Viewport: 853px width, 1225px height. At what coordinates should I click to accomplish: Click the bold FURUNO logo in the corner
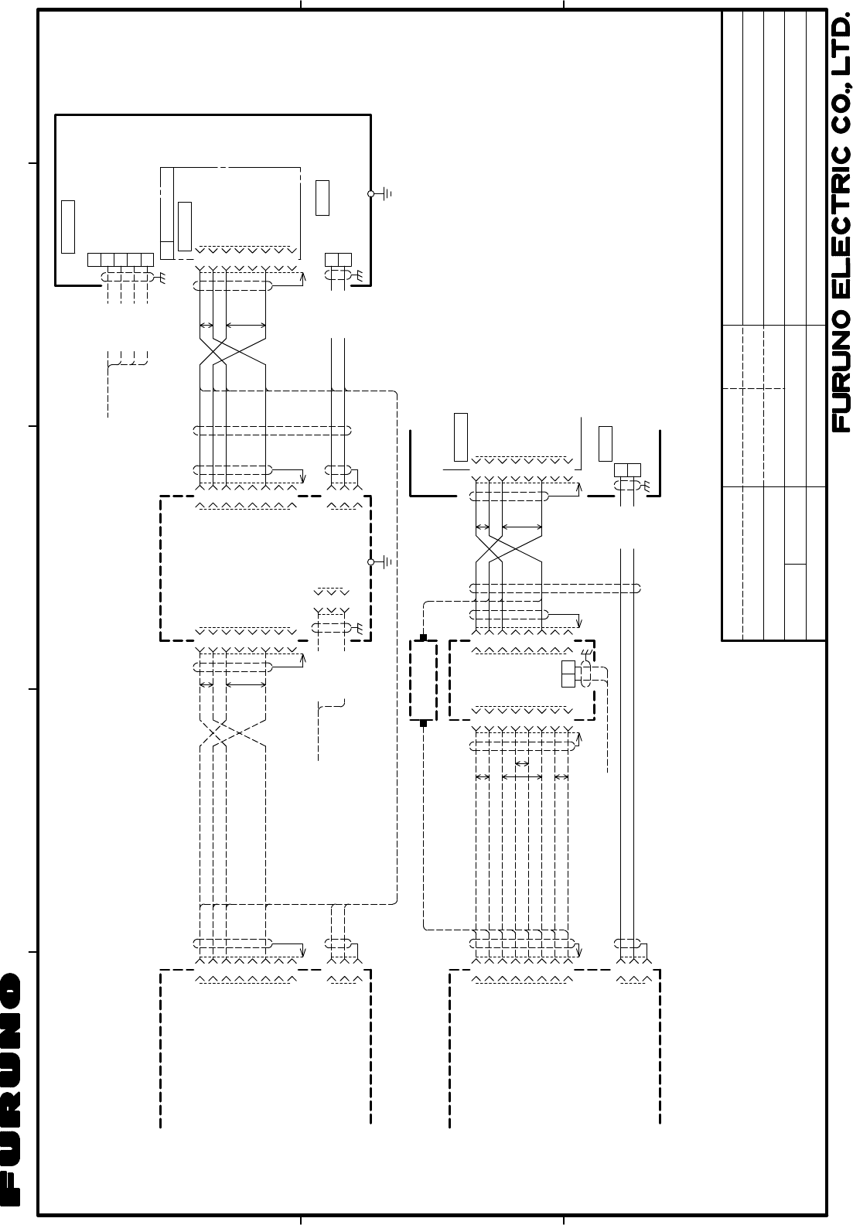[11, 1088]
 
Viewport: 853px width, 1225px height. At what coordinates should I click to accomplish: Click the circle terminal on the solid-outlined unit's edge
[370, 193]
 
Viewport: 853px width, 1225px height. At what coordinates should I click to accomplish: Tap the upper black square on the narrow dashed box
[423, 637]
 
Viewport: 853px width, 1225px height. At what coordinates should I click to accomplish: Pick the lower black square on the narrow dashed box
[423, 723]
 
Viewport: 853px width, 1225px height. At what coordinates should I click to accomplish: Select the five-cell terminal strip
[121, 260]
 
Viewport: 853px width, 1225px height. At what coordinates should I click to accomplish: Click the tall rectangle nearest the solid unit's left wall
[68, 227]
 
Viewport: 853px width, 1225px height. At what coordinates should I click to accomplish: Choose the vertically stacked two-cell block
[568, 674]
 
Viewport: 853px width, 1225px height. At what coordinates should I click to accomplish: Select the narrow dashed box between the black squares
[423, 680]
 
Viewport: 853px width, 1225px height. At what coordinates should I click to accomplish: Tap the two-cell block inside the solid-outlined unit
[339, 259]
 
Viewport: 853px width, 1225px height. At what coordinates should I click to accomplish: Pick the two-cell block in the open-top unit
[627, 469]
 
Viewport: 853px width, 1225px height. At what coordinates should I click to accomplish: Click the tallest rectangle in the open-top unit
[461, 437]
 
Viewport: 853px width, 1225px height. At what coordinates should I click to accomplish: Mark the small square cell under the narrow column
[167, 251]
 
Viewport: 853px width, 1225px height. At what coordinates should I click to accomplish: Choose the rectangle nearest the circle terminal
[322, 198]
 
